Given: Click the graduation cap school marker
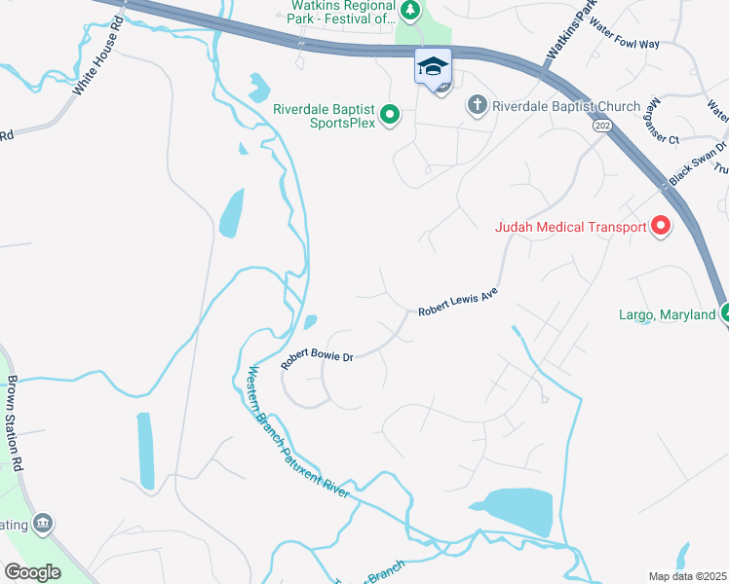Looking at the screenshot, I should point(433,67).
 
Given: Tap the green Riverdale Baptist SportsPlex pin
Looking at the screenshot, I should point(390,116).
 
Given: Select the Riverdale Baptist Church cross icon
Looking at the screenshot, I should point(477,105).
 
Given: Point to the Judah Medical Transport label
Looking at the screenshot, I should point(570,228).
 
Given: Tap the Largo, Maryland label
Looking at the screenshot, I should point(668,314).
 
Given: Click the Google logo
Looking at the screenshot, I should point(32,571).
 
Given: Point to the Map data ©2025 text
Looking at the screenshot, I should point(688,576).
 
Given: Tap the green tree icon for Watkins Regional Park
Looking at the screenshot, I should point(411,10).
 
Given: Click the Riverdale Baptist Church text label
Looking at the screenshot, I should point(566,106).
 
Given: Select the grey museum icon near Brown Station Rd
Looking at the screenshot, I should point(42,525).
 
